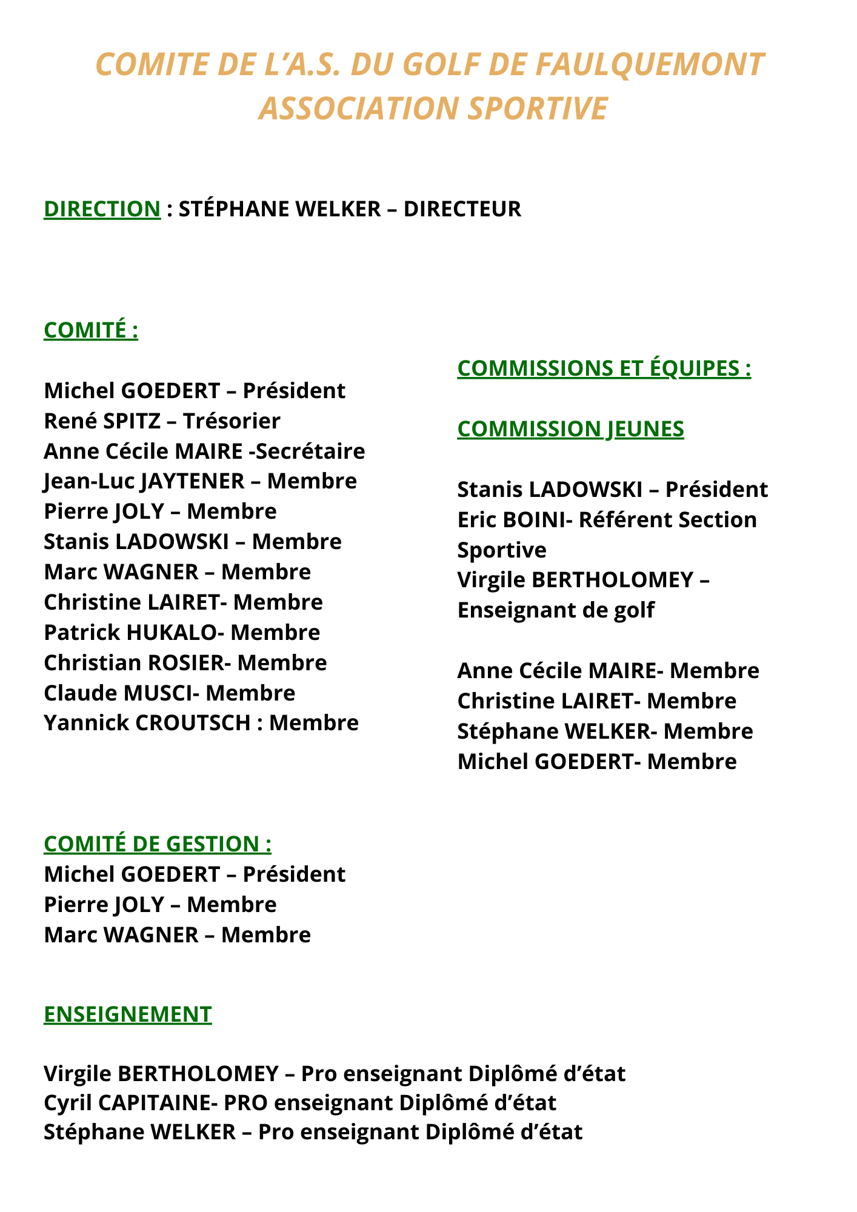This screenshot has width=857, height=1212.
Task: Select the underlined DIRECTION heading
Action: pyautogui.click(x=102, y=208)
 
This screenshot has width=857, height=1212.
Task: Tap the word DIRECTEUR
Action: pyautogui.click(x=462, y=208)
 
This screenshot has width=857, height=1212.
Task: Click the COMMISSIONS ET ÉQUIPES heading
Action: pyautogui.click(x=604, y=368)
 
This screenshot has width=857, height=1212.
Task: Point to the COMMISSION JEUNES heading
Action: pyautogui.click(x=570, y=429)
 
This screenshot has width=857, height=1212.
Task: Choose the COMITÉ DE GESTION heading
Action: pyautogui.click(x=158, y=844)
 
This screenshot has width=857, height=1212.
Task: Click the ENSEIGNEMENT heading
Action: pyautogui.click(x=128, y=1014)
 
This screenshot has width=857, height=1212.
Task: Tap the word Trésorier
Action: pyautogui.click(x=232, y=421)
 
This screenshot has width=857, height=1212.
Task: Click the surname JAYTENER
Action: pyautogui.click(x=193, y=481)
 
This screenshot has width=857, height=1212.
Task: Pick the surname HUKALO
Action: pyautogui.click(x=171, y=632)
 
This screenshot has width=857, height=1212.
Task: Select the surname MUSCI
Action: pyautogui.click(x=157, y=693)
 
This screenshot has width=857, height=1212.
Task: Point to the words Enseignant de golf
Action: pyautogui.click(x=556, y=610)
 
